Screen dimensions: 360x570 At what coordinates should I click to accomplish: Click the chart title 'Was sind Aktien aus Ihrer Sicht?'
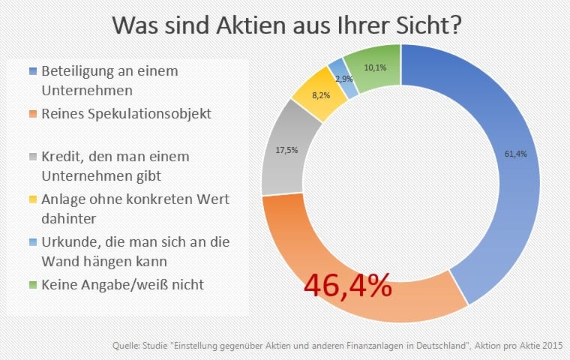click(x=286, y=24)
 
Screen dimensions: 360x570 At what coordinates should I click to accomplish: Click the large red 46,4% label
click(x=347, y=284)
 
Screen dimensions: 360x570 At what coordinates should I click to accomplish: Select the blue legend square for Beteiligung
click(x=31, y=71)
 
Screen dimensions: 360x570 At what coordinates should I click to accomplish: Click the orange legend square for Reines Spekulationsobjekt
click(x=31, y=114)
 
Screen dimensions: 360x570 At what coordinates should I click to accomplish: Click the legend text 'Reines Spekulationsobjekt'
click(x=126, y=114)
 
